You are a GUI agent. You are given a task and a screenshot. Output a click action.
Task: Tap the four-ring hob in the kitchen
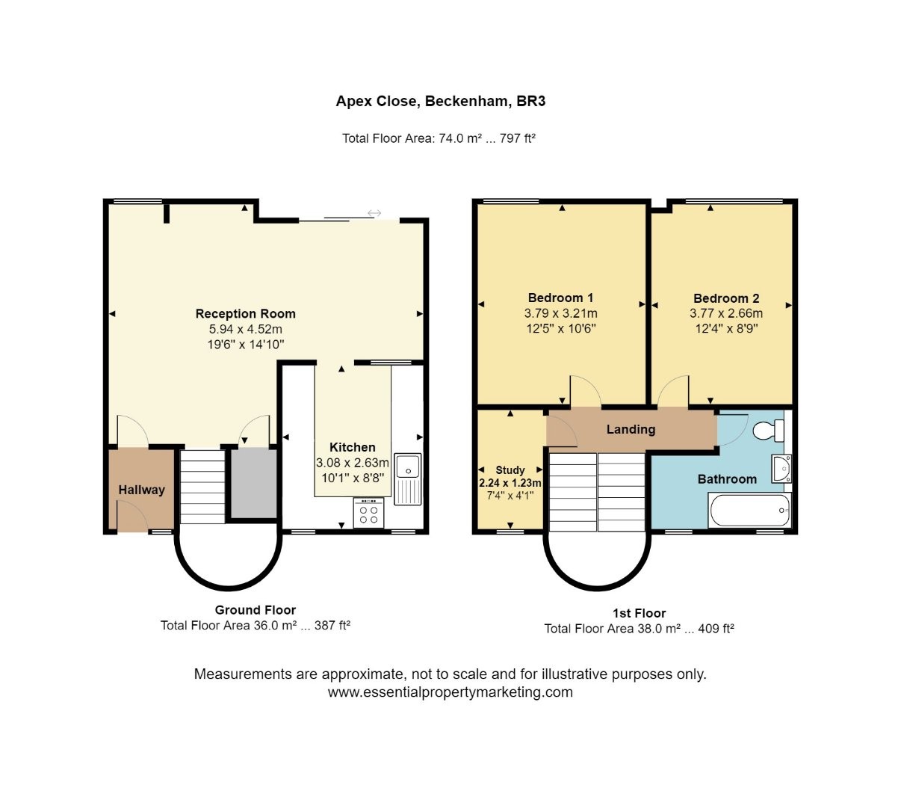pos(368,514)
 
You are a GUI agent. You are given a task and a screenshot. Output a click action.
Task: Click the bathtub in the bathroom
pos(749,511)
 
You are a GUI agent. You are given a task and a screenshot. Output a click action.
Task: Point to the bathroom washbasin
pos(781,468)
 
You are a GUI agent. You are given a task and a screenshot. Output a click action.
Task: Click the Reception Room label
pos(245,314)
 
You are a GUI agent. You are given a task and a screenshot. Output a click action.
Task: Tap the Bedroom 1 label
pos(560,298)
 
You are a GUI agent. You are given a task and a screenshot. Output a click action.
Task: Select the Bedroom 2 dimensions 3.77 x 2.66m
pos(725,313)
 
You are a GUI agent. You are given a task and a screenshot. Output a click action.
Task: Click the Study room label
pos(510,470)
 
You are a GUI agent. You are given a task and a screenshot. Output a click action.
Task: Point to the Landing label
pos(631,429)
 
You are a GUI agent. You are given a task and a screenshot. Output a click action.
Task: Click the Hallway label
pos(141,490)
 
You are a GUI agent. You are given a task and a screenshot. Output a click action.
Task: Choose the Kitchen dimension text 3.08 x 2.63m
pos(353,463)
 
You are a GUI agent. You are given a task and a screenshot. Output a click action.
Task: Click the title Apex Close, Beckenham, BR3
pos(441,101)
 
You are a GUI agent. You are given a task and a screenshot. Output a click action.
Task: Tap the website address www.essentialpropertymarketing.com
pos(450,692)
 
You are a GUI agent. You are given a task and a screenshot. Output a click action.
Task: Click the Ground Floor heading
pos(256,610)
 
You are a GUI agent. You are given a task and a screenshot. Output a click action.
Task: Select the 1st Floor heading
pos(639,613)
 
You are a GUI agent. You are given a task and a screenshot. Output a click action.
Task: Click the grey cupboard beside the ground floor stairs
pos(253,482)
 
